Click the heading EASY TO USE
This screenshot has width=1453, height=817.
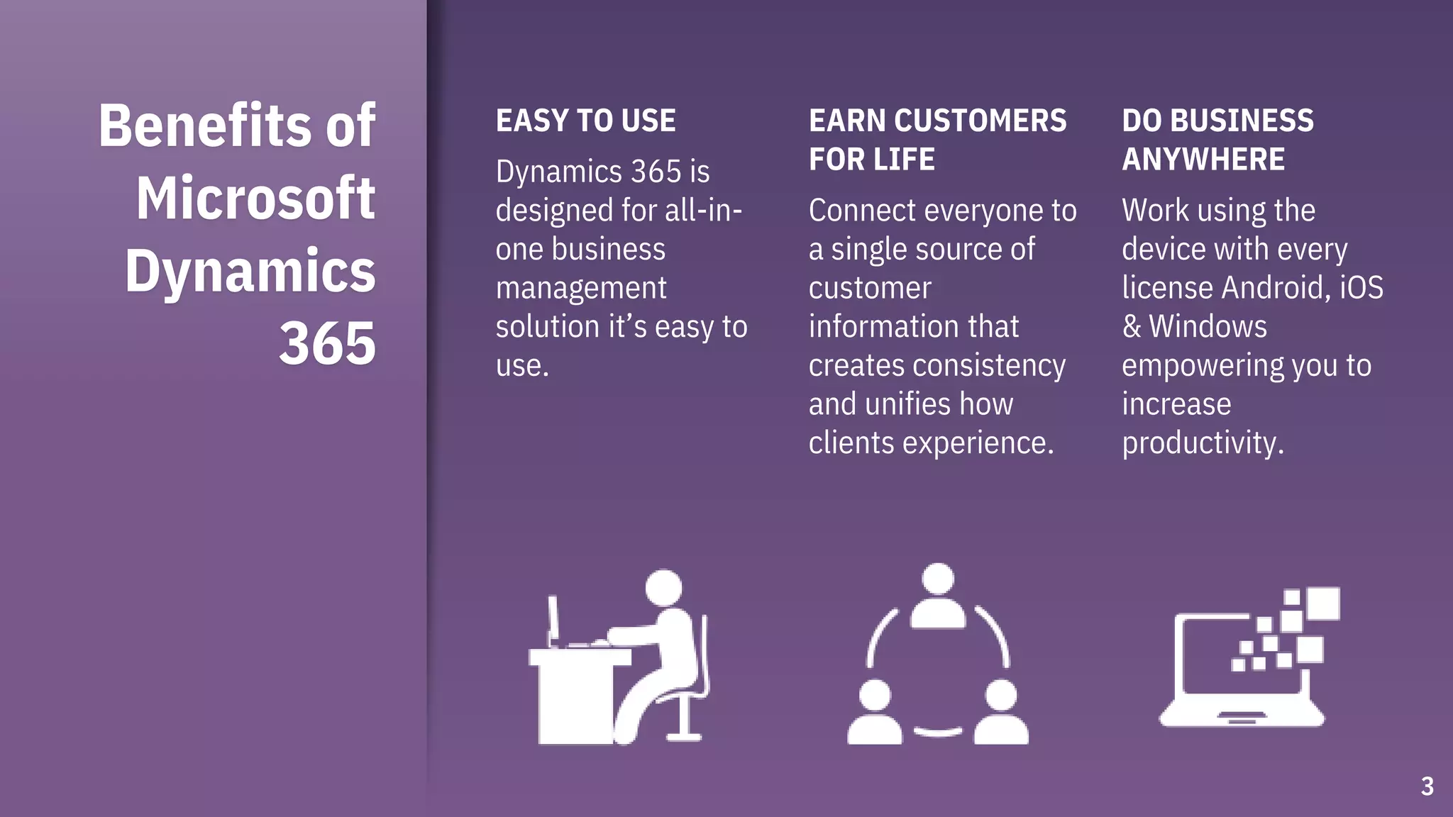pyautogui.click(x=585, y=121)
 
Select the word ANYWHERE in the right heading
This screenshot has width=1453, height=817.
pyautogui.click(x=1203, y=160)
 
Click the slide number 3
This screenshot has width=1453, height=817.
pyautogui.click(x=1427, y=787)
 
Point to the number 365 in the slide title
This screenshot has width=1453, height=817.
pyautogui.click(x=327, y=344)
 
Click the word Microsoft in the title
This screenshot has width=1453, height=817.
pyautogui.click(x=255, y=199)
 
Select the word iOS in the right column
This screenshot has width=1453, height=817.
pyautogui.click(x=1361, y=288)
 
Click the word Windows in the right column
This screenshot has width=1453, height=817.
pyautogui.click(x=1208, y=327)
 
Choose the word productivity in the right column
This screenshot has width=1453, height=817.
pyautogui.click(x=1203, y=443)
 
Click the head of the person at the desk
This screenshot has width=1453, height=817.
pyautogui.click(x=663, y=588)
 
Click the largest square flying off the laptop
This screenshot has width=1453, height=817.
pyautogui.click(x=1323, y=604)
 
